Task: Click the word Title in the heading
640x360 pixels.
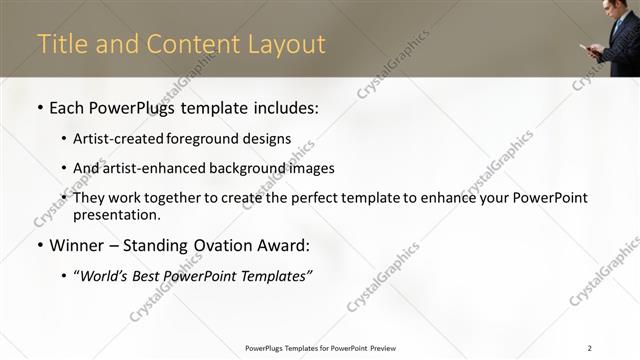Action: (60, 45)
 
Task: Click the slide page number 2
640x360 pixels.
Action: (590, 348)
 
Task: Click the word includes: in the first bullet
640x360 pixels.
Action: (284, 107)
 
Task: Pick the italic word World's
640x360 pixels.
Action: (105, 275)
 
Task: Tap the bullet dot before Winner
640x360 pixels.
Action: (38, 245)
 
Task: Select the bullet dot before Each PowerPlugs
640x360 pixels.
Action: (38, 107)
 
